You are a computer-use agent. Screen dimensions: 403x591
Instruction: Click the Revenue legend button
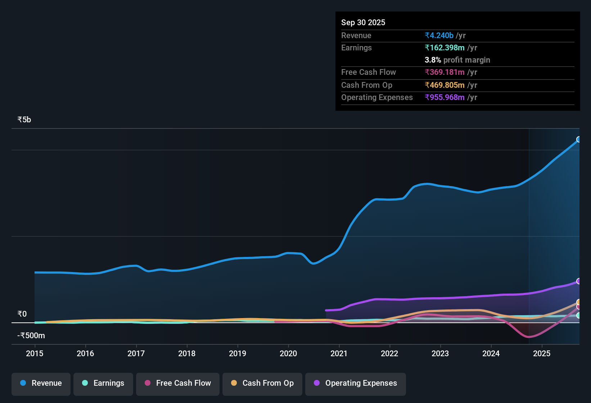click(x=41, y=383)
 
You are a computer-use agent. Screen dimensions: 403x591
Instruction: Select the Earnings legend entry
click(x=103, y=383)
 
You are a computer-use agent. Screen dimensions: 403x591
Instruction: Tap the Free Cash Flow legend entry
click(x=178, y=383)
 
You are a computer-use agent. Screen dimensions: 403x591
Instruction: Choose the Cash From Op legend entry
click(x=262, y=383)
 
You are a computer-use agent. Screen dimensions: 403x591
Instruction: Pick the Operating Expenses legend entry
click(x=355, y=383)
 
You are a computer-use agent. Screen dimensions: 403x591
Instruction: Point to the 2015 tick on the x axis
click(x=35, y=353)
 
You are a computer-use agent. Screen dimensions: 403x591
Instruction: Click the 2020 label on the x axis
click(x=288, y=353)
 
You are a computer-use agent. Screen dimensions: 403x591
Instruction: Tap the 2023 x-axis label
click(x=440, y=353)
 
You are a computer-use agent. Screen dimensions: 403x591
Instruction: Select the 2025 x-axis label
click(x=542, y=353)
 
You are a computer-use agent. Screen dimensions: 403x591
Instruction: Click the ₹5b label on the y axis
click(x=24, y=120)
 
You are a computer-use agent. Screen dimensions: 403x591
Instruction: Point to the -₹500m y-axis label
click(x=31, y=336)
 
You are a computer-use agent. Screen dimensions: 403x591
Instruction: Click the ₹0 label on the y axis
click(x=22, y=314)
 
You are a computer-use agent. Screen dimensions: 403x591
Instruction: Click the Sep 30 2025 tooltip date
click(x=363, y=22)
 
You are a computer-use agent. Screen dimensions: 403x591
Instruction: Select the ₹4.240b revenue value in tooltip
click(x=439, y=35)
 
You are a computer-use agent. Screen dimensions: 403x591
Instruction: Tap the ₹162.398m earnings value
click(x=445, y=48)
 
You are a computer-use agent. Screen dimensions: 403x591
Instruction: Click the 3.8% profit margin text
click(x=457, y=60)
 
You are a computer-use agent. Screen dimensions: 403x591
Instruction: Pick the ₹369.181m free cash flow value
click(x=445, y=72)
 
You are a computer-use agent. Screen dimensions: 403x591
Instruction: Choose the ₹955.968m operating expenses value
click(x=445, y=98)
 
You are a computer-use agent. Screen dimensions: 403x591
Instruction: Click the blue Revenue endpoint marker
click(x=579, y=139)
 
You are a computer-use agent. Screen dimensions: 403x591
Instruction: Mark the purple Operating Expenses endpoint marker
click(x=579, y=281)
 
